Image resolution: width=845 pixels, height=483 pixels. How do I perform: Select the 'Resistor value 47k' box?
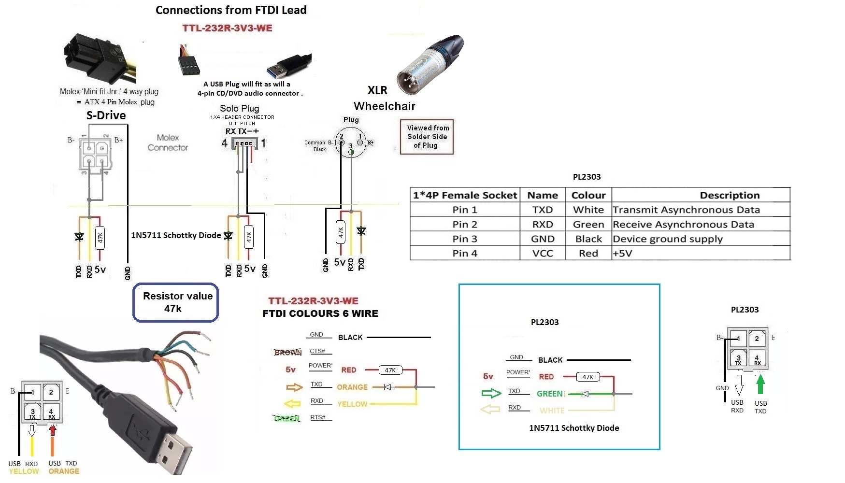(x=176, y=302)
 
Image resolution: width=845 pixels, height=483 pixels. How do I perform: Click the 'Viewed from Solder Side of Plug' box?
(x=427, y=137)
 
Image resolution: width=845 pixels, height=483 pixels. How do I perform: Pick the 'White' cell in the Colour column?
(x=588, y=210)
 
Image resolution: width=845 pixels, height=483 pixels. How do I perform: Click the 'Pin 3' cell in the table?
(x=464, y=239)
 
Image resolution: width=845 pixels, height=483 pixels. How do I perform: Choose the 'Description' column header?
(x=729, y=195)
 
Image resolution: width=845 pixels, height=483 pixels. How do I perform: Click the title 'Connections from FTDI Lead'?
(x=231, y=10)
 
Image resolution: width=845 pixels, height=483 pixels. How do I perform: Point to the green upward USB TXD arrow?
(x=760, y=384)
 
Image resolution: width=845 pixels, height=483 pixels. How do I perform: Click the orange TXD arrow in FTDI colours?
(x=294, y=387)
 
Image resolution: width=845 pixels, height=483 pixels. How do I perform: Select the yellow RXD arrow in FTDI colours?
(x=293, y=403)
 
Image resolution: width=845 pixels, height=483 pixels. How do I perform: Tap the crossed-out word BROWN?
(x=288, y=353)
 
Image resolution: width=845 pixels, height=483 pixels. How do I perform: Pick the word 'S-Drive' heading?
(x=106, y=115)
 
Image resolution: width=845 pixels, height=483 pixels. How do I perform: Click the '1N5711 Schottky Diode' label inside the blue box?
(x=573, y=428)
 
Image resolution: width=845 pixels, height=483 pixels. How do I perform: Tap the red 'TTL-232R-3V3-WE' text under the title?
(x=227, y=28)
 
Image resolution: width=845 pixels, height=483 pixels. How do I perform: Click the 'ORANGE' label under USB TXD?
(x=64, y=471)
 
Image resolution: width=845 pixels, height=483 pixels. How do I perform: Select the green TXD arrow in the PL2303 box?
(x=491, y=393)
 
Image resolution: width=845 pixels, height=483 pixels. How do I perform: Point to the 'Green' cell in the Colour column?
(x=588, y=224)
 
